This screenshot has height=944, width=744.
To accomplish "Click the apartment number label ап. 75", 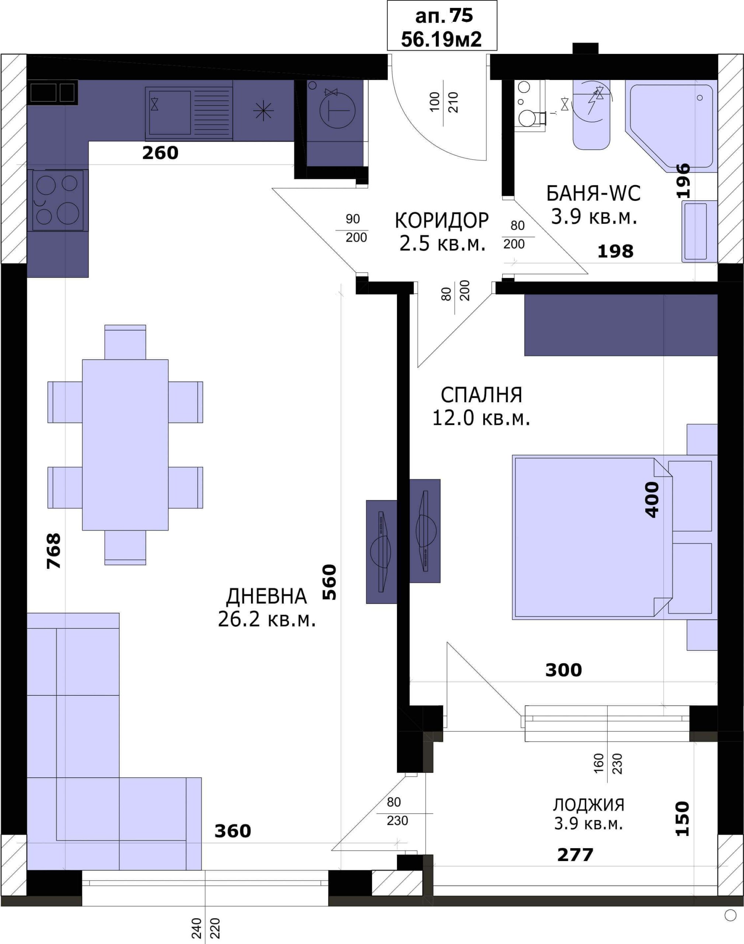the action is [x=444, y=16].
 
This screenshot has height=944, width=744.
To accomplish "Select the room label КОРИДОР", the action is [x=442, y=221].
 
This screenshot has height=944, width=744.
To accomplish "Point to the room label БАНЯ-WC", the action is [x=593, y=193].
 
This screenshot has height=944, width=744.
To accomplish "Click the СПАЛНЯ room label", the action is [x=481, y=395].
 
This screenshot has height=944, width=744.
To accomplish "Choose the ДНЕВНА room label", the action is [x=266, y=596].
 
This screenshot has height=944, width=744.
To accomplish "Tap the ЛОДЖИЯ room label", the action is [x=589, y=805].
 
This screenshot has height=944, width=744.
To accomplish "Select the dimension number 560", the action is [x=329, y=582].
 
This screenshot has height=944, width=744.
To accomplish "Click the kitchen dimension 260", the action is [x=160, y=153].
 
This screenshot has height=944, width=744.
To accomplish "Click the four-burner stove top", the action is [x=58, y=201].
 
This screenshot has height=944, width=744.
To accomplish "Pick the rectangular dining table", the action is [x=125, y=445].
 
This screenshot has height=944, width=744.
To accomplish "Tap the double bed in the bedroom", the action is [x=615, y=537].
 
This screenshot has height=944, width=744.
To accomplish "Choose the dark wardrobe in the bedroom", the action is [x=621, y=325].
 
